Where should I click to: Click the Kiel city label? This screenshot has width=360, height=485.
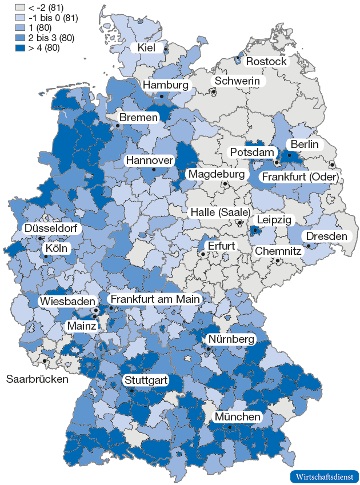(146, 47)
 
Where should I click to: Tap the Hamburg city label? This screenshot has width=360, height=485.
(166, 85)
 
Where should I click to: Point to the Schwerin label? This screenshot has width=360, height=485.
(237, 81)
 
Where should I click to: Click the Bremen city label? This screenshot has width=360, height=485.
(138, 117)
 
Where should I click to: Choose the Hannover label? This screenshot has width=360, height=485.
(150, 161)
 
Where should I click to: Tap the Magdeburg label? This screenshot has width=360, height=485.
(217, 174)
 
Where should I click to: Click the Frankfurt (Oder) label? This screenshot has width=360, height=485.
(300, 178)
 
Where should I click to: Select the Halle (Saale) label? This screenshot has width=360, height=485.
(220, 213)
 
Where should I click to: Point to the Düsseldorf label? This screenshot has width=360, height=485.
(52, 229)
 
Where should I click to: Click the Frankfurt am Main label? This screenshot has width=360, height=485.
(155, 299)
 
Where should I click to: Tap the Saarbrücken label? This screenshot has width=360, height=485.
(37, 379)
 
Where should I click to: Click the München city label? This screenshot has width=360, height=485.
(238, 417)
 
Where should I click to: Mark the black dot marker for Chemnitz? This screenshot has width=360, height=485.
(278, 261)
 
